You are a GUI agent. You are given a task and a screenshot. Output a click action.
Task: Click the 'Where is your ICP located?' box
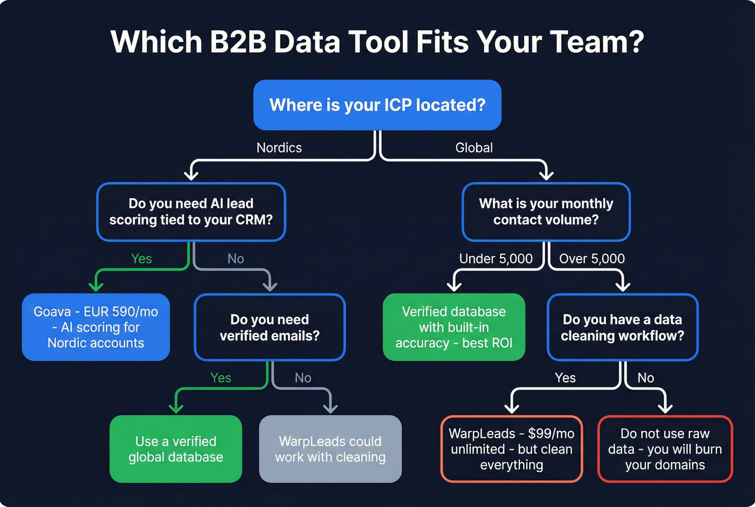tap(377, 105)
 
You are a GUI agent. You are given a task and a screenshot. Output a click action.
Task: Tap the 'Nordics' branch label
tap(279, 147)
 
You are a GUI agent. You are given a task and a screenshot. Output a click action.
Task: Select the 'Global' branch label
tap(473, 147)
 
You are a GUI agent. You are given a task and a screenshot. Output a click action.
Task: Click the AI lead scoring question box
tap(191, 212)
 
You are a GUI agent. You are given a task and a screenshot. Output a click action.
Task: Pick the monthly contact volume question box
tap(546, 212)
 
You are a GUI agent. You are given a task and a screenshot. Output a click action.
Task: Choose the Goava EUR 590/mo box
tap(96, 327)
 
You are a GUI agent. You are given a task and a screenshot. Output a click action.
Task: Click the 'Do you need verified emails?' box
tap(270, 327)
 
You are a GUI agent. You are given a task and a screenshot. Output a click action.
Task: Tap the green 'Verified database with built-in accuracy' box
tap(454, 327)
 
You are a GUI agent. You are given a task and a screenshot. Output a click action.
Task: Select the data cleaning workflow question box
tap(622, 327)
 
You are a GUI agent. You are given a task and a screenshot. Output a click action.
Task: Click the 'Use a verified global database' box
tap(176, 449)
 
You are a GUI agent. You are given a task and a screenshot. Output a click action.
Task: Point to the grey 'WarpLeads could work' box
tap(330, 449)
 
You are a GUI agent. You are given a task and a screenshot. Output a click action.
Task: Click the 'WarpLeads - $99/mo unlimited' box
tap(511, 449)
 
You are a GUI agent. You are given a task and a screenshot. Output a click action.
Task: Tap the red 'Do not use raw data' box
tap(665, 449)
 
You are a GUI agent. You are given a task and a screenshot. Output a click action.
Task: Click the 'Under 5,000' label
tap(496, 259)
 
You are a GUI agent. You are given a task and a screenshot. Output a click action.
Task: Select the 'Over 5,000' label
tap(592, 259)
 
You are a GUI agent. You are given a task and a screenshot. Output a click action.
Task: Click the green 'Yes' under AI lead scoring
tap(141, 259)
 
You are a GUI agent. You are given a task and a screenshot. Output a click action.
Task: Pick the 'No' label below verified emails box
tap(303, 378)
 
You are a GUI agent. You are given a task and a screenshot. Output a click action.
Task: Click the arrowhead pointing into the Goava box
tap(96, 286)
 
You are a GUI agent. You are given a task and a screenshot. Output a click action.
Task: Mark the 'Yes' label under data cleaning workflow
tap(565, 378)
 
